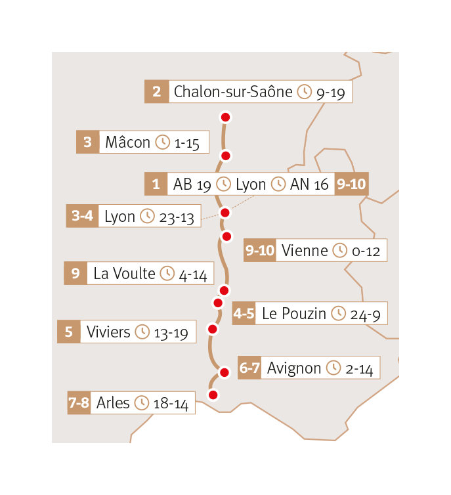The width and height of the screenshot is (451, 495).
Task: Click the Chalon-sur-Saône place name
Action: tap(232, 92)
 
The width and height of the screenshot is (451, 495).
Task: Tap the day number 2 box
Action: tap(156, 92)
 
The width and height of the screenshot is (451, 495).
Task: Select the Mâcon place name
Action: tap(127, 142)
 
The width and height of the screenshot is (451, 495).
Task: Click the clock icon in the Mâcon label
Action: tap(163, 142)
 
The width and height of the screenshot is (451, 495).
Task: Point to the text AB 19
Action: tap(192, 184)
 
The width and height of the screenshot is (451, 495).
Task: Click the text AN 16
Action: tap(309, 184)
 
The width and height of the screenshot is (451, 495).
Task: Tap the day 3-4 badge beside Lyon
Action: tap(82, 217)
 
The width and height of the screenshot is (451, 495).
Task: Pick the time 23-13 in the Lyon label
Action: tap(177, 217)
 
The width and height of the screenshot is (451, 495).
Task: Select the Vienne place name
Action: tap(304, 251)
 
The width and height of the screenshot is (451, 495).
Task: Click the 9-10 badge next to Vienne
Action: tap(259, 251)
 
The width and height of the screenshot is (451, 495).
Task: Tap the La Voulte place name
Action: tap(124, 274)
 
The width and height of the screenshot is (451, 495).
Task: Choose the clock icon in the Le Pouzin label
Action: tap(338, 314)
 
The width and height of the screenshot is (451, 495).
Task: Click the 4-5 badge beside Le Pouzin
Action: tap(244, 314)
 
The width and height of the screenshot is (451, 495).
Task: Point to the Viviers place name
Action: tap(108, 332)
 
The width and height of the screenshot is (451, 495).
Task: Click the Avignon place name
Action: tap(293, 368)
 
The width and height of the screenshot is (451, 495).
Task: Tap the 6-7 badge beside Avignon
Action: tap(250, 368)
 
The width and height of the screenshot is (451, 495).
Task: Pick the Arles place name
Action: tap(113, 403)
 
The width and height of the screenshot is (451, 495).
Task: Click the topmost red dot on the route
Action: tap(226, 118)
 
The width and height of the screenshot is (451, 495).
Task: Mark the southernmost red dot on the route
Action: tap(212, 395)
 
